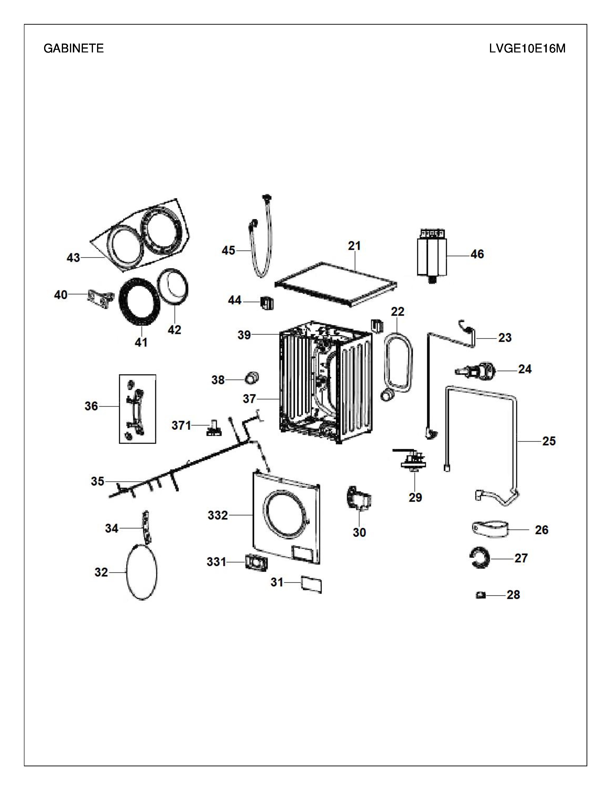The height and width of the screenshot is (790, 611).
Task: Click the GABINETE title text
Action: click(74, 48)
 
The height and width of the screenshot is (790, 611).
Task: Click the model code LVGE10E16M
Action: click(527, 48)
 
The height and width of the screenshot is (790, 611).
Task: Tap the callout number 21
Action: click(354, 246)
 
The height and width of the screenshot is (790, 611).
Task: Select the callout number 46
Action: click(477, 254)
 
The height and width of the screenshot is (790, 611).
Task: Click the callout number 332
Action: click(218, 515)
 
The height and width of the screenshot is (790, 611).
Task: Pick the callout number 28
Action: click(513, 595)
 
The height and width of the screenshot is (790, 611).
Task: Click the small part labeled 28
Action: click(481, 594)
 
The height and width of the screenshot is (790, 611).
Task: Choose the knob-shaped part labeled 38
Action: click(252, 377)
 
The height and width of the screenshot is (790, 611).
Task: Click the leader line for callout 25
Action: click(529, 441)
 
